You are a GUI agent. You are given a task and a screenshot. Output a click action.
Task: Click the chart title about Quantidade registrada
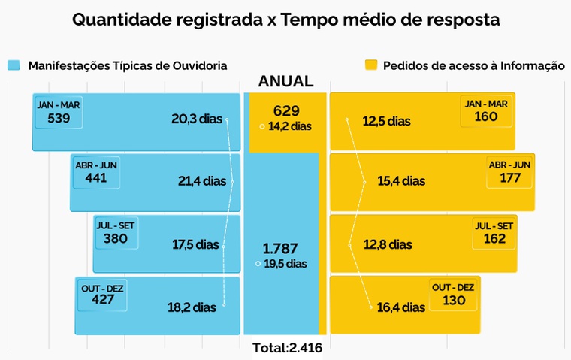(x=285, y=20)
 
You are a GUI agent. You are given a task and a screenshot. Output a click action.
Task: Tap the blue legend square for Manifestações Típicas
(x=14, y=65)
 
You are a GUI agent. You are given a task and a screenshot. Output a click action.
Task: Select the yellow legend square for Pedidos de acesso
(x=370, y=65)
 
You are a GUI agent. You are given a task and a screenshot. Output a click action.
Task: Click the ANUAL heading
(x=285, y=82)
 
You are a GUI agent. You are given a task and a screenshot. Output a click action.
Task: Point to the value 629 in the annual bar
(x=287, y=111)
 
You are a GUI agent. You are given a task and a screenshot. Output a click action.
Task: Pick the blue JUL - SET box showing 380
(x=116, y=233)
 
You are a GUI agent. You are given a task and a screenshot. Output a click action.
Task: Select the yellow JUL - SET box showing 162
(x=494, y=233)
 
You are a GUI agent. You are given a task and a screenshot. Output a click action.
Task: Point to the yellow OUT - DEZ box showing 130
(x=454, y=294)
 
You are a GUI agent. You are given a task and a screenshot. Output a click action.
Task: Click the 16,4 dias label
(x=400, y=307)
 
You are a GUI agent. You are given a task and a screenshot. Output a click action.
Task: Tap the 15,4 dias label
(x=400, y=181)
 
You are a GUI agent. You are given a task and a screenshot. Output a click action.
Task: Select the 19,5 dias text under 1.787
(x=285, y=263)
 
